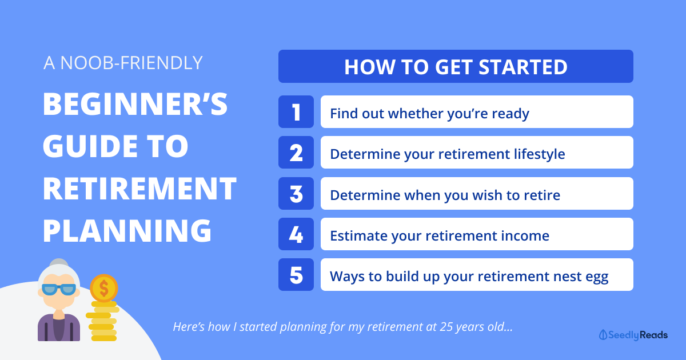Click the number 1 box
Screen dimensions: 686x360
point(296,112)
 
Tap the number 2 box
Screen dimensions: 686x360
point(296,153)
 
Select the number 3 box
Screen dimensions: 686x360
point(296,194)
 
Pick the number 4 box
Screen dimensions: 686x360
point(296,234)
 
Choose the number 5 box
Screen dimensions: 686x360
point(296,275)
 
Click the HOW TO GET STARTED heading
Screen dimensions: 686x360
point(456,66)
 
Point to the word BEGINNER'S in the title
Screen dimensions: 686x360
point(135,104)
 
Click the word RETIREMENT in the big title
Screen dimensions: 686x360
point(139,189)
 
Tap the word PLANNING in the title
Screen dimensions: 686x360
point(127,231)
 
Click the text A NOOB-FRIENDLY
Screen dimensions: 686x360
point(123,63)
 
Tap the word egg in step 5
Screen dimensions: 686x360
point(597,278)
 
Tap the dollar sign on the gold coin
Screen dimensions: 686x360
point(104,289)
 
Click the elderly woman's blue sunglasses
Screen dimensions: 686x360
point(58,289)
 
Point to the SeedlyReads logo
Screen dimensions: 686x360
point(633,335)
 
